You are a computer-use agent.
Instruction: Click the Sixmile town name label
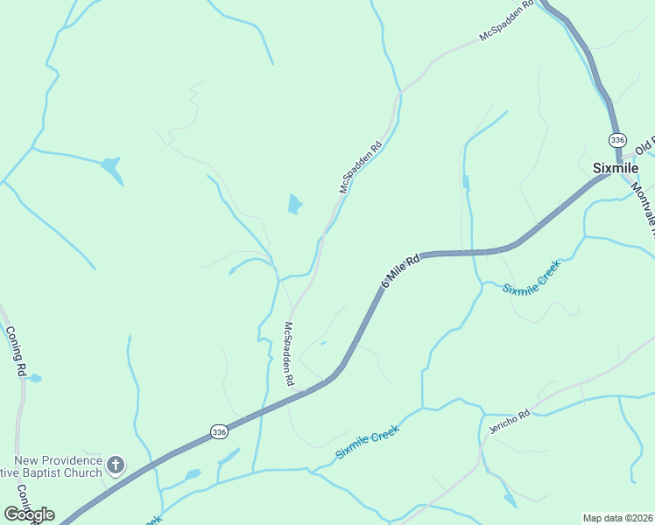coord(616,168)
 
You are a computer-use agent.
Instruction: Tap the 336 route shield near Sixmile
coord(618,140)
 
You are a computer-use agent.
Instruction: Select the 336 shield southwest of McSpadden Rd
coord(219,431)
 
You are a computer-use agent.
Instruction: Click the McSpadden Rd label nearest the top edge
coord(507,24)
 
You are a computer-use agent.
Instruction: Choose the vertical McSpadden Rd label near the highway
coord(287,354)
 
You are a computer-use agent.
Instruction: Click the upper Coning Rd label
coord(15,351)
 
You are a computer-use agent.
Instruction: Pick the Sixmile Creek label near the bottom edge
coord(368,443)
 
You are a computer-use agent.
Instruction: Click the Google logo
coord(29,514)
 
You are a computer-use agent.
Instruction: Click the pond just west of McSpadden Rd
coord(295,205)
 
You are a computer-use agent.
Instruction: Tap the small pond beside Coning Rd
coord(34,379)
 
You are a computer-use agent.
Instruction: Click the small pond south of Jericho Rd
coord(510,500)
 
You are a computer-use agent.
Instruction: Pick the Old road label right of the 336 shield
coord(645,143)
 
